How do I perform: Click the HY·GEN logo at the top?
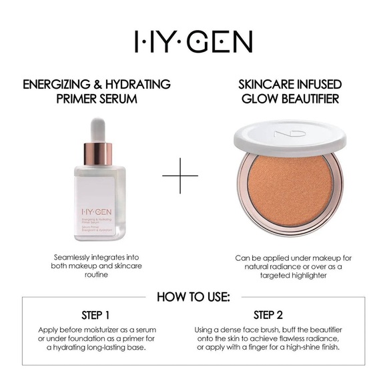(x=193, y=41)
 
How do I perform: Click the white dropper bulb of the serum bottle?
(x=97, y=129)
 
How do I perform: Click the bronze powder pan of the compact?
(x=290, y=191)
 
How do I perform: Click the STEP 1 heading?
(x=97, y=314)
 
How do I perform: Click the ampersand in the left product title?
(x=95, y=85)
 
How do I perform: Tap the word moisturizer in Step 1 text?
(x=97, y=330)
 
